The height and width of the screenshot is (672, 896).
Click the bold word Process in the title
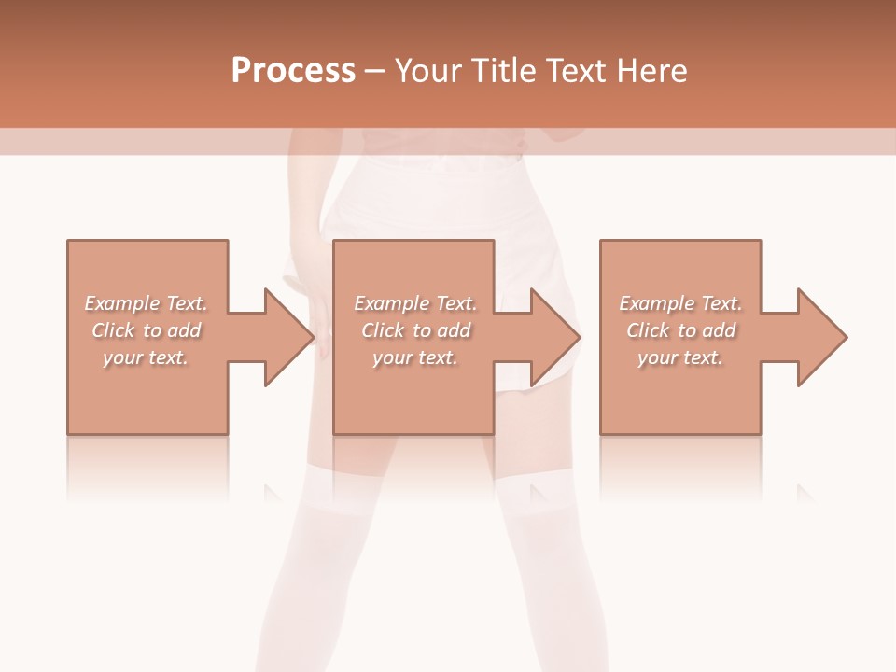click(x=293, y=71)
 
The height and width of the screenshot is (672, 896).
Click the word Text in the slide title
click(x=574, y=71)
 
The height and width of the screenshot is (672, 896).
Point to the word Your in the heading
click(x=430, y=71)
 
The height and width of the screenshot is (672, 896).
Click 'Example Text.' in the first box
click(x=147, y=303)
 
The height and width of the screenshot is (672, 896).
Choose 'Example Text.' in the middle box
click(x=415, y=303)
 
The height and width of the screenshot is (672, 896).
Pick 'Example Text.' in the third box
click(x=680, y=303)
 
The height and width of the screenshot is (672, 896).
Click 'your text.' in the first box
click(x=146, y=357)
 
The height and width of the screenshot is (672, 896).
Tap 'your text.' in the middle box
click(x=415, y=357)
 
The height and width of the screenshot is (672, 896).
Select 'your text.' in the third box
click(x=680, y=357)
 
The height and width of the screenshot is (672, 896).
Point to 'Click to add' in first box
click(x=147, y=330)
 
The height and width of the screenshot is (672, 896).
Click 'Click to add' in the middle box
click(x=415, y=330)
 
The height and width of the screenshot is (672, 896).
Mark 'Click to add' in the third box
click(x=680, y=330)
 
